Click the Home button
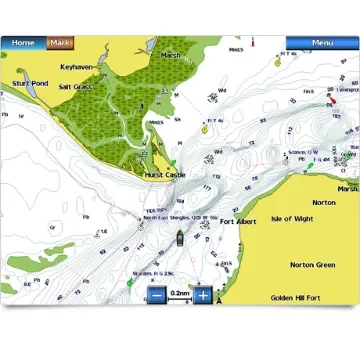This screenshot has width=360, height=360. coord(22,43)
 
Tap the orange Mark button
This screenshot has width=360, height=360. coord(61,43)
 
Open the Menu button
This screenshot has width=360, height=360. coord(322,43)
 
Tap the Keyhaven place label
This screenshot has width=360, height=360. coord(76,66)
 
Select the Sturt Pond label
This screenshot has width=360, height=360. coord(29,84)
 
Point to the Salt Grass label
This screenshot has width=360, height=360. coord(76,87)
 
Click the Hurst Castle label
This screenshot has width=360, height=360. coord(167,174)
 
